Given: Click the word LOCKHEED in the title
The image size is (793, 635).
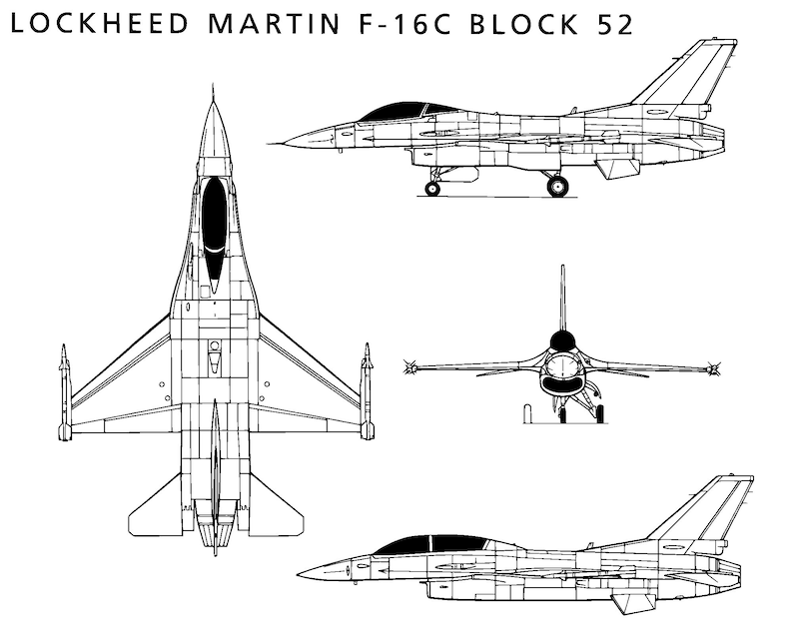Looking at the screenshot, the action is (99, 23).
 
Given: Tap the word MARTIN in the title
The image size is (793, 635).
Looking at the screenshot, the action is (273, 23).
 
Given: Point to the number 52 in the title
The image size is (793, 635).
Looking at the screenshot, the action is (615, 24).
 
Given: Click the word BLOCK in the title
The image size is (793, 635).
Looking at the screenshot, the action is (524, 23).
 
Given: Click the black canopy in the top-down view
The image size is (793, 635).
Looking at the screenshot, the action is (214, 230).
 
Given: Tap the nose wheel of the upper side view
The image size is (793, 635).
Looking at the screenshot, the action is (432, 189).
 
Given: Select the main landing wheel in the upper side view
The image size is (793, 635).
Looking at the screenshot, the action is (557, 186).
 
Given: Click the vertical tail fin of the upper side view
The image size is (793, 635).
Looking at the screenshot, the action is (688, 76).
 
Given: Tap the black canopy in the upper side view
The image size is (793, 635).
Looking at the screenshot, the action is (399, 112).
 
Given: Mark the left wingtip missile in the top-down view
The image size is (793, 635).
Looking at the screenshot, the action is (64, 391).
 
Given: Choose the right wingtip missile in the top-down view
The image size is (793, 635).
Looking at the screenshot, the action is (368, 390).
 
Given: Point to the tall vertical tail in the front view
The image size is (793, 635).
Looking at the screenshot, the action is (562, 300).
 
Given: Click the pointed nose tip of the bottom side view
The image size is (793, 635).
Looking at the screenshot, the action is (298, 574).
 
